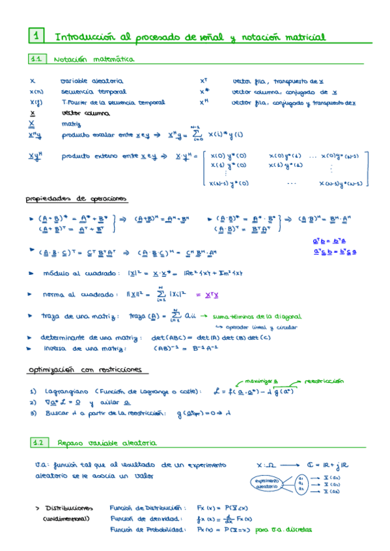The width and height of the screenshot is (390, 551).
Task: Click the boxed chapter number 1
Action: (36, 35)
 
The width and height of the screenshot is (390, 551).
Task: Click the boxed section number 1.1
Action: (36, 59)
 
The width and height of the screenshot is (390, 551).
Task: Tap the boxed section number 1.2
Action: (37, 442)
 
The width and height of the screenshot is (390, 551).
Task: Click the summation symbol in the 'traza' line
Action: (173, 316)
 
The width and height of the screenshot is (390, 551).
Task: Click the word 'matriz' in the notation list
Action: (72, 123)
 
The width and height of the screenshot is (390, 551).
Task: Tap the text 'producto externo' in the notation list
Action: (85, 157)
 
